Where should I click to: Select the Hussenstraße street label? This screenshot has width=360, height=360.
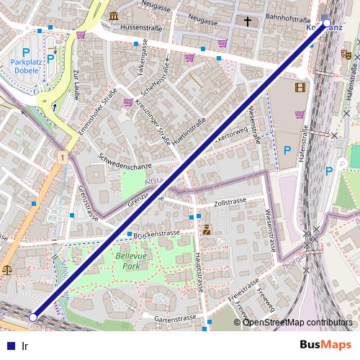click(x=140, y=27)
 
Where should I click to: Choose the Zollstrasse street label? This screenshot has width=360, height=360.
click(x=230, y=203)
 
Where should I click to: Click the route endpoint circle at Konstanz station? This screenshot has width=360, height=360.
click(x=327, y=24)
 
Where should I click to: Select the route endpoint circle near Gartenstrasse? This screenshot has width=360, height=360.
click(x=32, y=317)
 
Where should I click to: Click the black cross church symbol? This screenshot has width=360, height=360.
click(x=247, y=22)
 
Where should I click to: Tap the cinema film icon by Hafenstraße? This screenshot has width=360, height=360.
click(x=300, y=88)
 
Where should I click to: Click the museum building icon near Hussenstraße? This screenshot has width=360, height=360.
click(x=114, y=16)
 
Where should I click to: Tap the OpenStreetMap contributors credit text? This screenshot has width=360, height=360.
click(x=297, y=322)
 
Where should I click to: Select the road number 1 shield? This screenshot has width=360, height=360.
click(x=63, y=157)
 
